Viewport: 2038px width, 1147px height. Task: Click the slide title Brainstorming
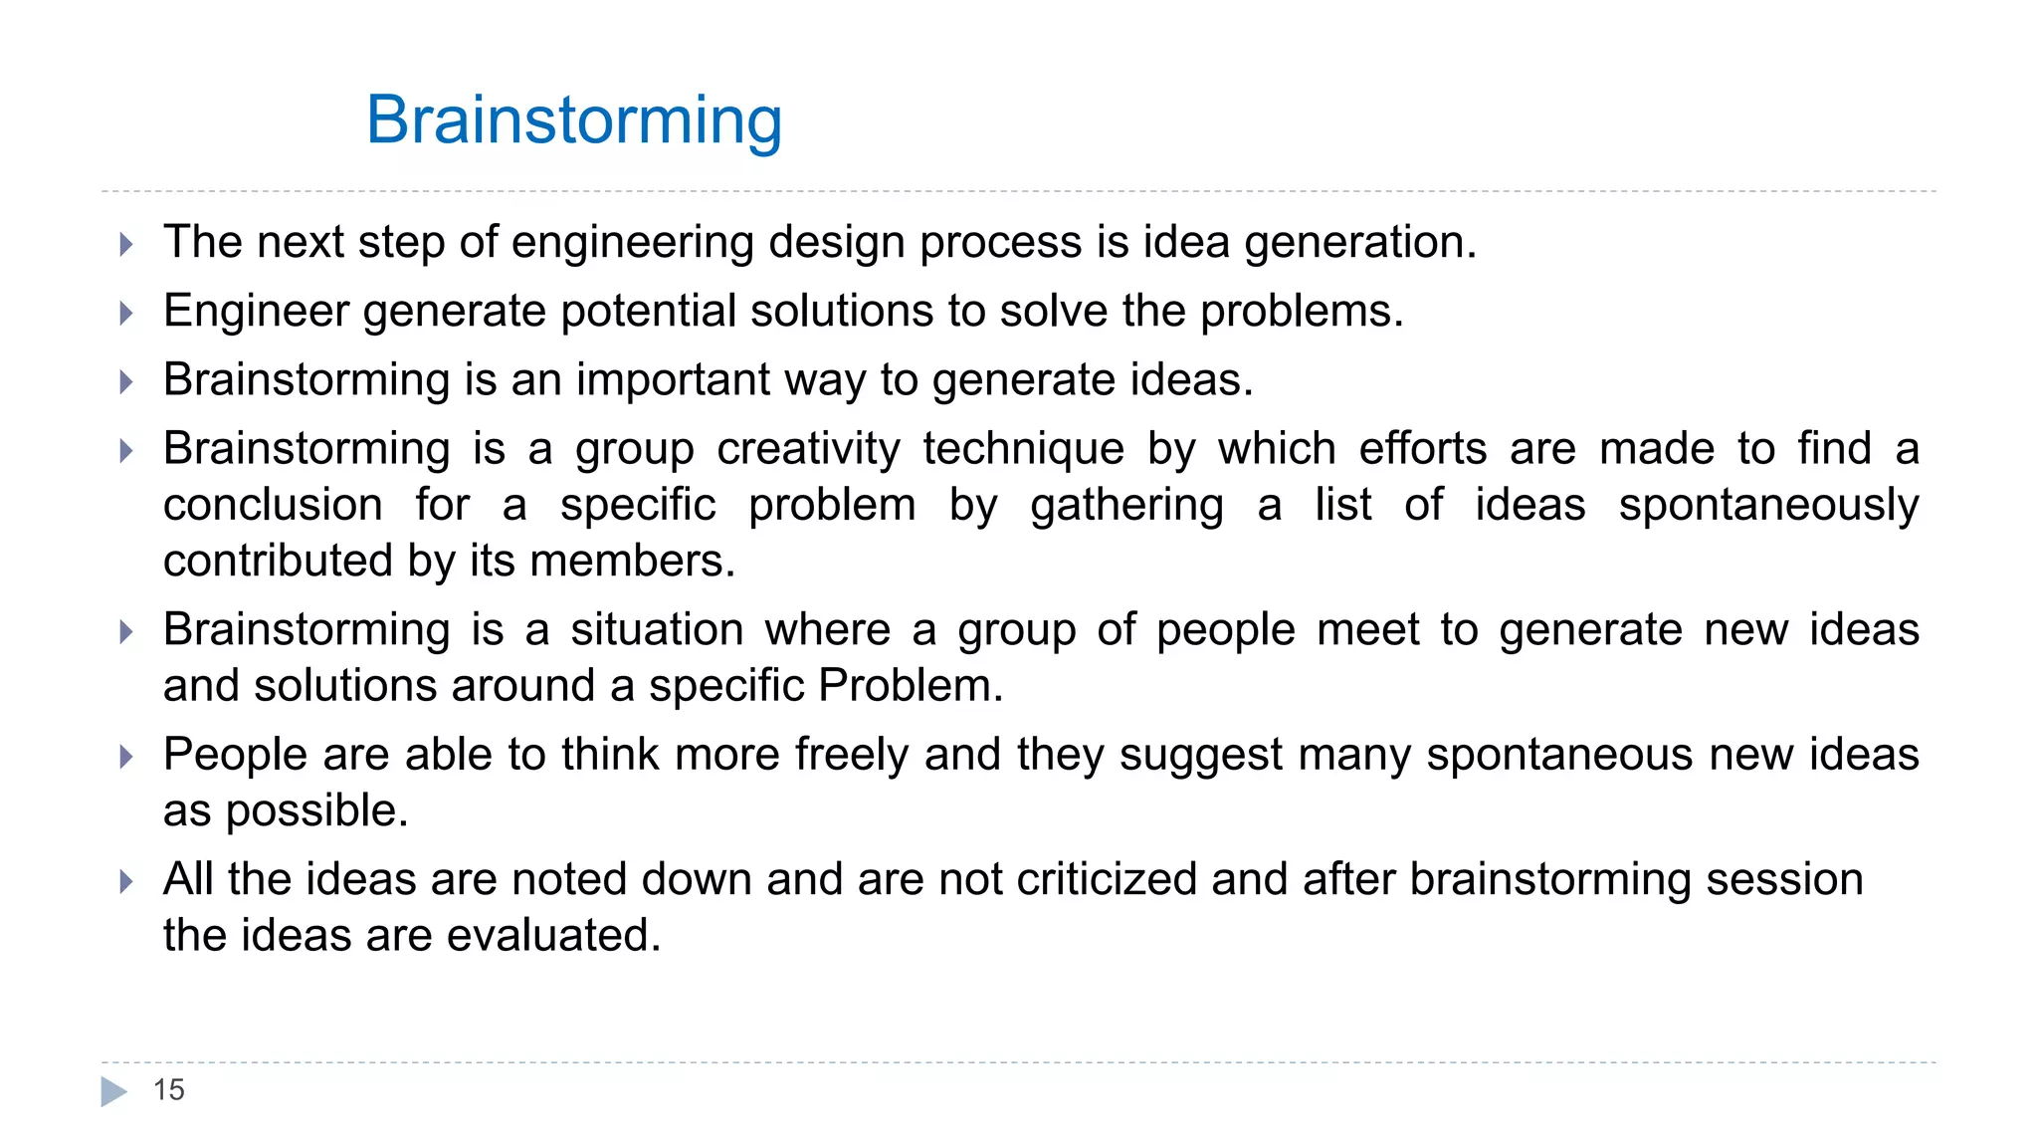point(573,120)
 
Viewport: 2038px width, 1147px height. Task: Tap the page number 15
point(168,1090)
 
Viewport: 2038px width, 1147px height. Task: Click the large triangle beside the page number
point(114,1091)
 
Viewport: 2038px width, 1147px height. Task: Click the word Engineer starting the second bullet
point(256,312)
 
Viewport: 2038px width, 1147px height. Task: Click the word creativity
point(808,449)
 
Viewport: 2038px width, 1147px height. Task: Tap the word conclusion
point(273,505)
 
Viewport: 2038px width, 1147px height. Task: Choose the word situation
point(657,630)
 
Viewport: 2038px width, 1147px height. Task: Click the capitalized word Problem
point(910,686)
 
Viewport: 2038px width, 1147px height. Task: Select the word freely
point(852,755)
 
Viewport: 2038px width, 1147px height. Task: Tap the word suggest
point(1201,756)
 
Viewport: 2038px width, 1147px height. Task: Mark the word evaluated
point(553,936)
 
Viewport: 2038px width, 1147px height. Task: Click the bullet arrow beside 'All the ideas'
point(126,881)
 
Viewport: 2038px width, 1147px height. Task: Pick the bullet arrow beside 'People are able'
point(126,757)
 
